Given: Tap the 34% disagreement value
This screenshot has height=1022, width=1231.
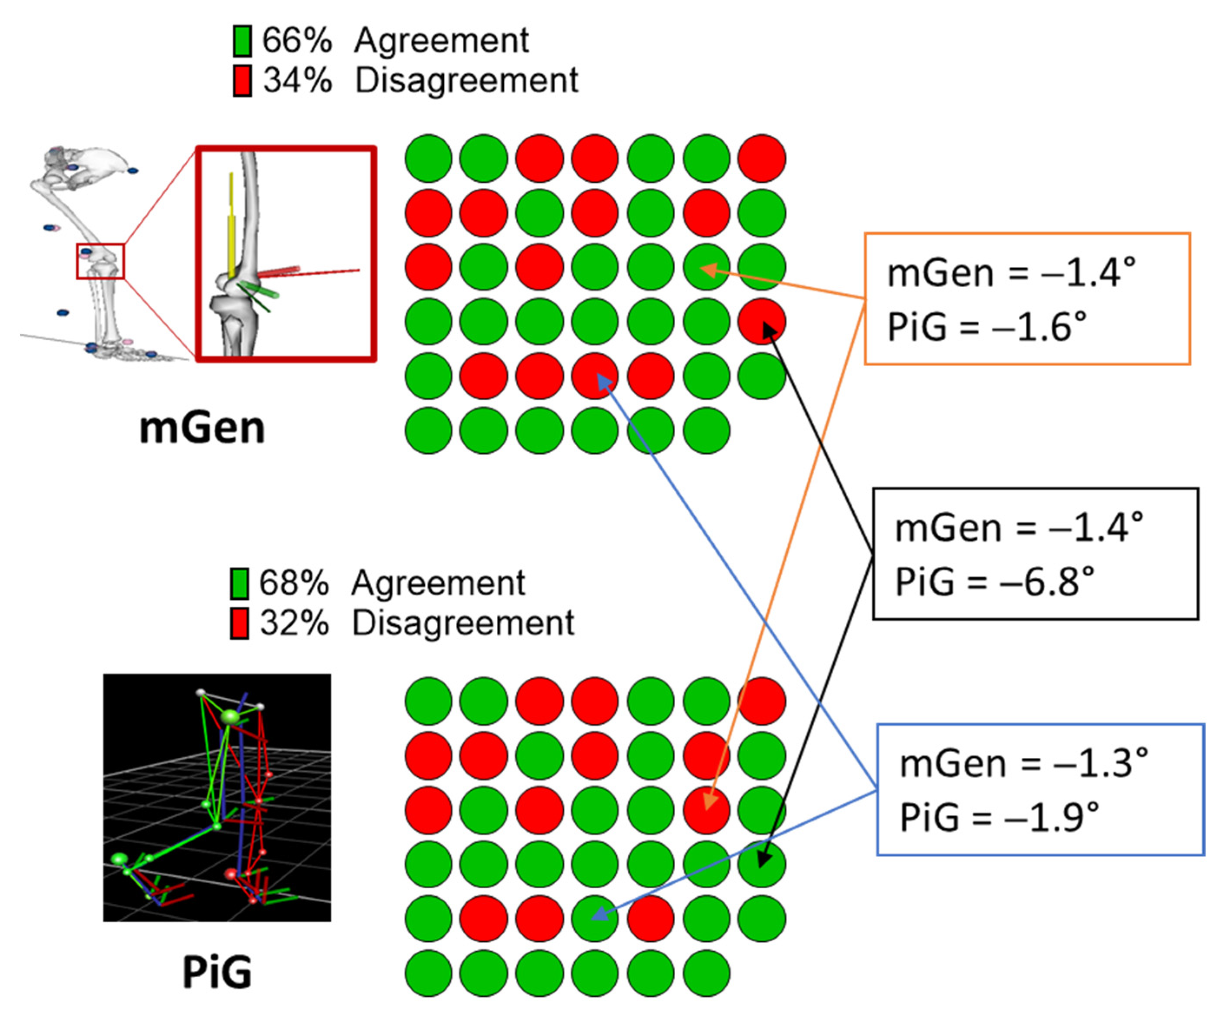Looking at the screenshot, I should point(297,80).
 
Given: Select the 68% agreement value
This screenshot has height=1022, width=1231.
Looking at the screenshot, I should point(294,583).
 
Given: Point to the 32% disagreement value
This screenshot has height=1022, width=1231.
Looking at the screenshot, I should point(294,623).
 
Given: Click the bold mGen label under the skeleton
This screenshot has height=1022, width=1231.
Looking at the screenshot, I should point(202,428).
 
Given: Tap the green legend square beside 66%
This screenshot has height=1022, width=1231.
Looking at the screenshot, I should point(242,41).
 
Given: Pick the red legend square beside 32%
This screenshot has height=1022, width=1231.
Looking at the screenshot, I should point(239,623).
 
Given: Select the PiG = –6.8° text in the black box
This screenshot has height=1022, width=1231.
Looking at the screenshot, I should point(994,582).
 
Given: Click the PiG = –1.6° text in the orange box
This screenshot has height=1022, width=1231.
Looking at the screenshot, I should point(987,327).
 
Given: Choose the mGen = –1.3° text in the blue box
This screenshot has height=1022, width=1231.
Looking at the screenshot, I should point(1023,764).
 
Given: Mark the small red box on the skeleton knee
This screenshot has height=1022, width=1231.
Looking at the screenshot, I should point(100,261).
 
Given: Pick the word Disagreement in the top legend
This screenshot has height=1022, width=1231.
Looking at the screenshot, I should point(467,80).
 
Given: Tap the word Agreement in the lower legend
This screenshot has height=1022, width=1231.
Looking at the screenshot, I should point(438,583).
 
